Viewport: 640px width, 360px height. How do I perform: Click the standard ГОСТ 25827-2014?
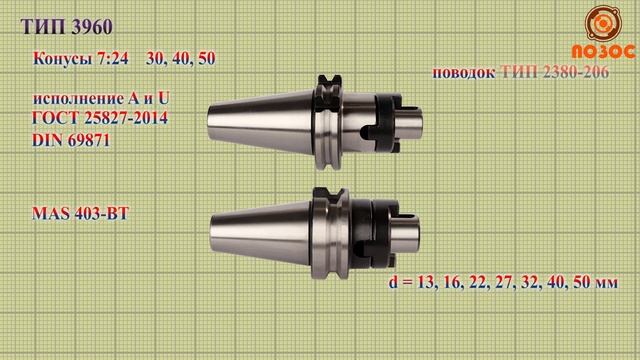(100, 120)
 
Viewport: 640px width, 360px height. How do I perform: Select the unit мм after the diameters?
(603, 284)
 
